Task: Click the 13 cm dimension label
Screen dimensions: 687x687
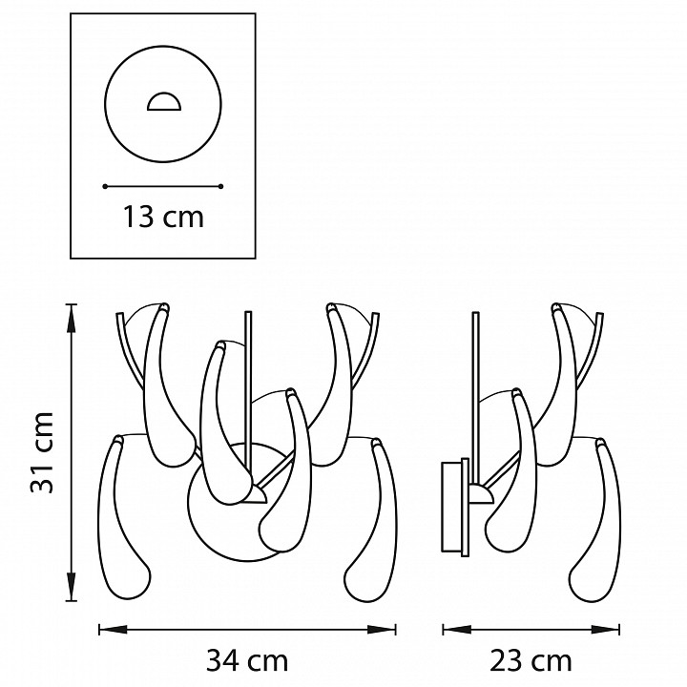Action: pyautogui.click(x=163, y=217)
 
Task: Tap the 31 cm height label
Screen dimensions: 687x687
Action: pyautogui.click(x=43, y=452)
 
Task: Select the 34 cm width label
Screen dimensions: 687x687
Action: pyautogui.click(x=247, y=660)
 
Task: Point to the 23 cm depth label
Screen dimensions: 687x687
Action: pyautogui.click(x=531, y=660)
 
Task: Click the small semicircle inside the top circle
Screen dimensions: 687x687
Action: pyautogui.click(x=163, y=101)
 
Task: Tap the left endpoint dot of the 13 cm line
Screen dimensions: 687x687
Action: pyautogui.click(x=105, y=187)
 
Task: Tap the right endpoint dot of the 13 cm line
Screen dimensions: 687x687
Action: pyautogui.click(x=220, y=187)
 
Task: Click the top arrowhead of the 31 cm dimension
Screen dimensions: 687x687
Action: pyautogui.click(x=71, y=318)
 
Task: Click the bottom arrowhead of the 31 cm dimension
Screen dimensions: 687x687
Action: pyautogui.click(x=71, y=586)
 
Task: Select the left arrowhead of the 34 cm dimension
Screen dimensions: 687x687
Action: pyautogui.click(x=113, y=630)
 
